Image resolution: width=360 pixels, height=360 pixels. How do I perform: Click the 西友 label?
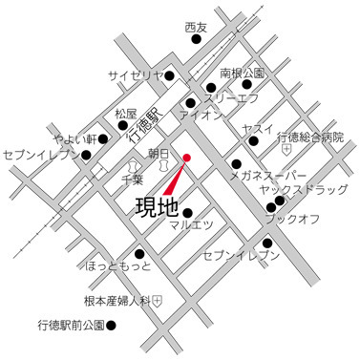click(196, 29)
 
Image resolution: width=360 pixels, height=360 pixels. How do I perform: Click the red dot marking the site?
click(187, 158)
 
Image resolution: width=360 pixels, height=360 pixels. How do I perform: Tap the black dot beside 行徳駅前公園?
click(111, 327)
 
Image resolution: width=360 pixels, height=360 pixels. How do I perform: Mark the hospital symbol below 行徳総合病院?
click(286, 151)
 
